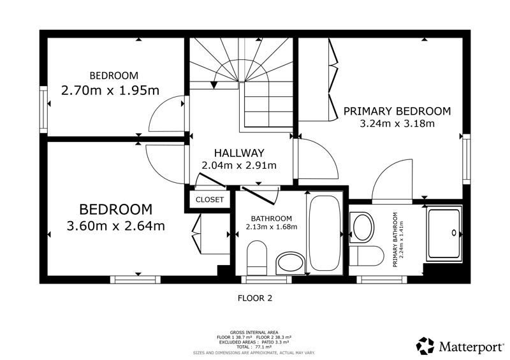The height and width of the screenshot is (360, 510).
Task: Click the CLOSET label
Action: [210, 199]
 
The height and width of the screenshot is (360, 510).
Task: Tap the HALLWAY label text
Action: [239, 153]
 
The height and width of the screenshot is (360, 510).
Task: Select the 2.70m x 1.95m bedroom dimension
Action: [110, 90]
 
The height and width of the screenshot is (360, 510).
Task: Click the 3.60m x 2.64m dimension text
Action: [116, 226]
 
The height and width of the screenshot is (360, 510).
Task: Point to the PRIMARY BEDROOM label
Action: [397, 112]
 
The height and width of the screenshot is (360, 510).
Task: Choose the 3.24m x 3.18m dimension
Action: [397, 124]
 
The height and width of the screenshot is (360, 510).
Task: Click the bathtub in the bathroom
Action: [325, 233]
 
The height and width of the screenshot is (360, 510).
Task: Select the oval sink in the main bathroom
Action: [290, 262]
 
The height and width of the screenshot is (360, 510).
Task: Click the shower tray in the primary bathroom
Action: [444, 233]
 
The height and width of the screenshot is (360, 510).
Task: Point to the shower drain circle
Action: [454, 233]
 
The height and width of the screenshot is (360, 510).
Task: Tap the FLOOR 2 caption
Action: [255, 298]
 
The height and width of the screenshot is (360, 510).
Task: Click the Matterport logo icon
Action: [426, 346]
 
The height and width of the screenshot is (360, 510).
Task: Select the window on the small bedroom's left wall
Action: [43, 109]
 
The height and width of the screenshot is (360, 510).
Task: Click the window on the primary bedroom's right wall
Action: [467, 159]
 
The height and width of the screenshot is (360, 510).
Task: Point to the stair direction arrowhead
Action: [214, 85]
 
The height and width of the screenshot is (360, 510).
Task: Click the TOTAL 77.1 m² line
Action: [254, 347]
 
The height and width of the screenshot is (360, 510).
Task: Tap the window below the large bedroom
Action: [135, 280]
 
